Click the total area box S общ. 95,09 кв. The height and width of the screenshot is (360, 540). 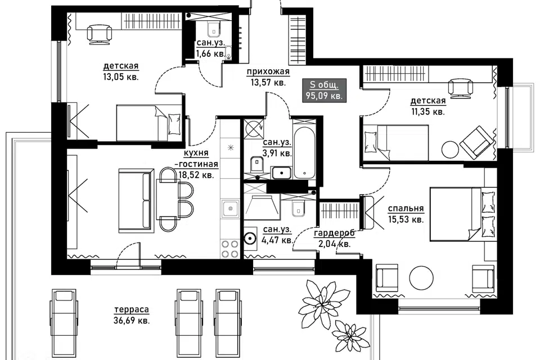pos(324,90)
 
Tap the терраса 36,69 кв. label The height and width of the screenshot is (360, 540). pos(132,315)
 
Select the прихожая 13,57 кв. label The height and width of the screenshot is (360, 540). pos(268,77)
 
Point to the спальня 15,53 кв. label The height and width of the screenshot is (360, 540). pos(406,214)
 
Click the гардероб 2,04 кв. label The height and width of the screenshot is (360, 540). pos(334,238)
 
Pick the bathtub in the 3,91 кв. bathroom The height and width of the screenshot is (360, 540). pos(304,149)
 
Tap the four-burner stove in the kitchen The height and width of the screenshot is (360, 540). pos(230,249)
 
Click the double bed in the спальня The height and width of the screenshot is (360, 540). pos(463,214)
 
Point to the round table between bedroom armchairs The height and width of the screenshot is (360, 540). pos(421,278)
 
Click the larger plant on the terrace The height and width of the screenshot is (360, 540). pos(317,298)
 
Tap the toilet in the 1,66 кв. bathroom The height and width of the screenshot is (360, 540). pos(214,29)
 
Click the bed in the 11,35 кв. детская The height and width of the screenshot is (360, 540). pos(396,143)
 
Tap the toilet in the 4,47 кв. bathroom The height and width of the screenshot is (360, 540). pos(298,209)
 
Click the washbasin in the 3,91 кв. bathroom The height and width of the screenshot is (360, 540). pos(282,173)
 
